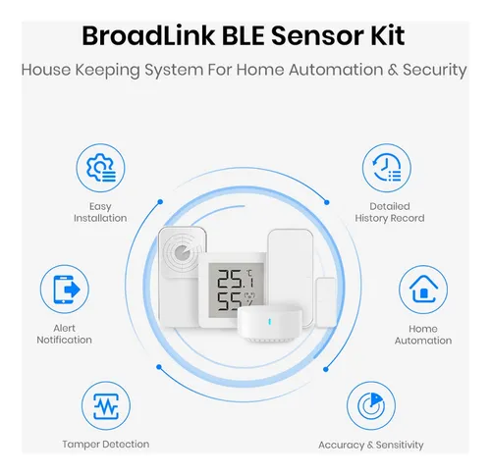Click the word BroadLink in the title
tap(148, 35)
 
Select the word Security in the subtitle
tap(435, 71)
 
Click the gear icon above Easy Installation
tap(101, 168)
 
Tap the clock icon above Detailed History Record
tap(387, 168)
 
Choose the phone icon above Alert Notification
tap(66, 290)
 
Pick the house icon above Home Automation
tap(423, 290)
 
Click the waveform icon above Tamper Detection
tap(106, 406)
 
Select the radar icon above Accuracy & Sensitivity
tap(371, 406)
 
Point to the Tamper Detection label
tap(106, 445)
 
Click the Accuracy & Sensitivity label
tap(371, 445)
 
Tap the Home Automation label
tap(423, 335)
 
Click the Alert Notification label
tap(64, 334)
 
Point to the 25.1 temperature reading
tap(236, 279)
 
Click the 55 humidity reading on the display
tap(230, 301)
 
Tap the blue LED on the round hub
tap(269, 322)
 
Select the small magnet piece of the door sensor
tap(326, 302)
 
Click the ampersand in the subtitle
tap(393, 70)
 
